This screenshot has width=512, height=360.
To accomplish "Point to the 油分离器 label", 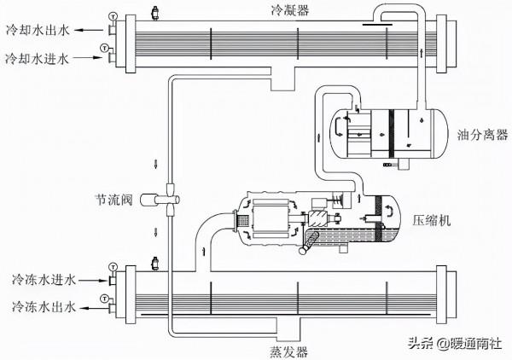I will coord(481,134).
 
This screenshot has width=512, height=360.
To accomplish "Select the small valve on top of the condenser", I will coord(154,13).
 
